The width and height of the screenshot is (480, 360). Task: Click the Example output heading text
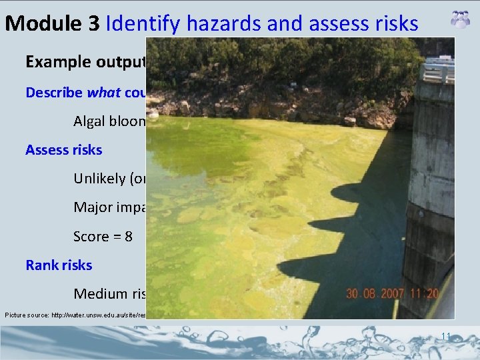[x=85, y=62]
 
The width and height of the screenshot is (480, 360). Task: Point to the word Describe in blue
[x=55, y=92]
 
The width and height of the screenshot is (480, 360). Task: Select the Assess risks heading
[x=64, y=149]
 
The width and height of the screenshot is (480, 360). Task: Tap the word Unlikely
[x=100, y=178]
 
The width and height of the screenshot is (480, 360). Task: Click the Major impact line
[x=109, y=207]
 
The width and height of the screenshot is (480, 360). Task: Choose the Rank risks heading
[x=59, y=265]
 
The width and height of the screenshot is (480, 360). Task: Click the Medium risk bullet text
[x=109, y=293]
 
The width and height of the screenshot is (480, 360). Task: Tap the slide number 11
[x=447, y=336]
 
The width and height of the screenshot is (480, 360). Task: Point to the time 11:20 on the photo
[x=427, y=293]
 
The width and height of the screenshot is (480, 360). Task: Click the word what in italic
[x=104, y=92]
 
